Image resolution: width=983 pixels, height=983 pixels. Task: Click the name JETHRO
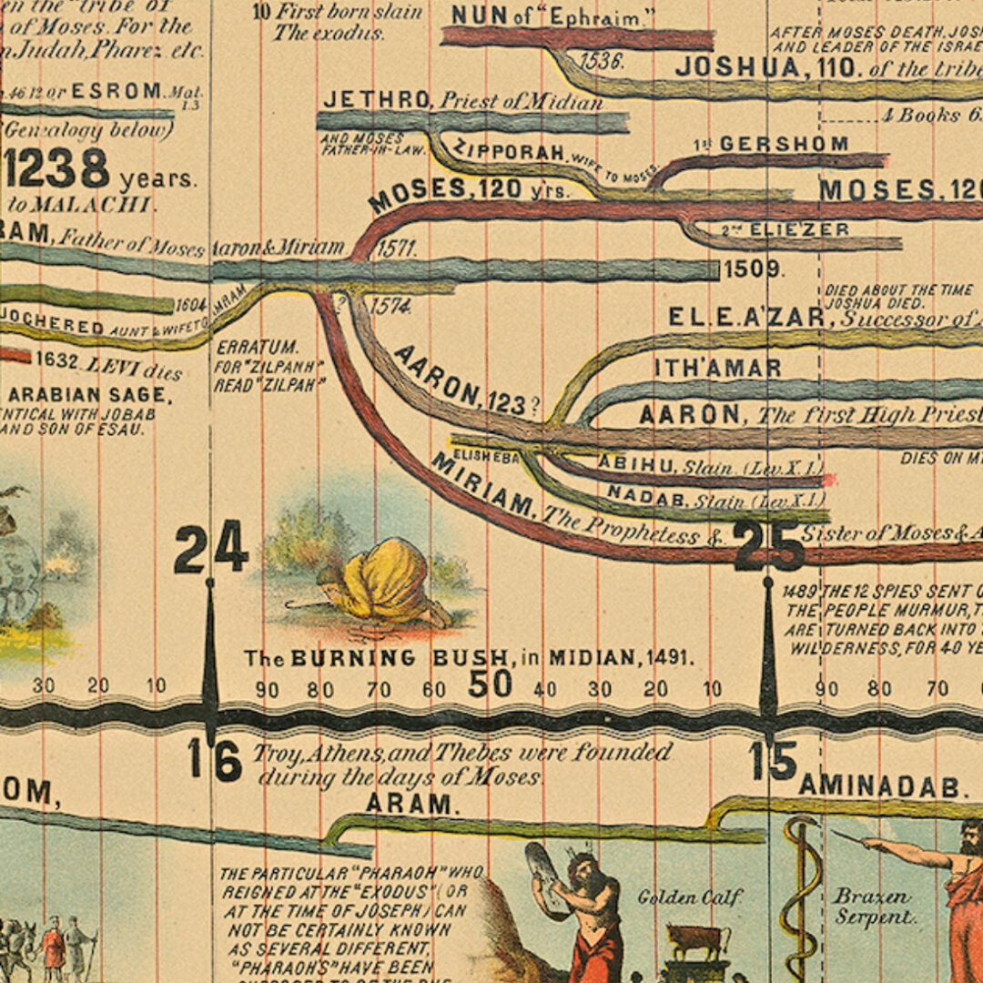[x=376, y=99]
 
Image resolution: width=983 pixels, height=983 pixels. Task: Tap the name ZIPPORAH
[x=508, y=151]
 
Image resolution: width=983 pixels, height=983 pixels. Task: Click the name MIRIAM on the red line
[x=482, y=484]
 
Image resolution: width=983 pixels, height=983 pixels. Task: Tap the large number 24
[x=210, y=548]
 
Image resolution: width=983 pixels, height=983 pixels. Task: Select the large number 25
[x=769, y=546]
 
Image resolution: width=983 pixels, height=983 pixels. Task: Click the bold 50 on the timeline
[x=491, y=684]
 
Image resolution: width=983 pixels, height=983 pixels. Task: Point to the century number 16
[x=215, y=760]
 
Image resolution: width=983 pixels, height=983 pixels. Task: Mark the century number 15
[x=774, y=761]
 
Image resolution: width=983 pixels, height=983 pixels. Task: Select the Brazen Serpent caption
[x=871, y=907]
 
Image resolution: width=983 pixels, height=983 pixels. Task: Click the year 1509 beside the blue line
[x=752, y=269]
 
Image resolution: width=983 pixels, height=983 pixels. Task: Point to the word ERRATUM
[x=244, y=347]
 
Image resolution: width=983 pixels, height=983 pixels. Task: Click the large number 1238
[x=56, y=169]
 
